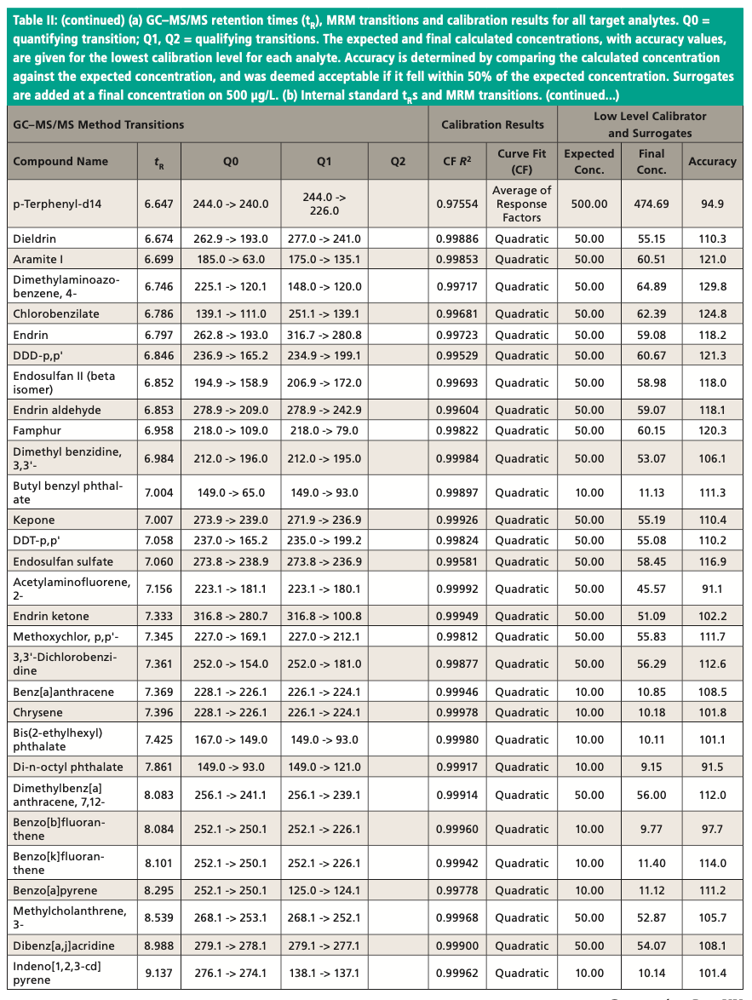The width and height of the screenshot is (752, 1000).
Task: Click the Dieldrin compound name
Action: (x=37, y=239)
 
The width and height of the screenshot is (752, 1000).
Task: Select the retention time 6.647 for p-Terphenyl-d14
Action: (x=158, y=204)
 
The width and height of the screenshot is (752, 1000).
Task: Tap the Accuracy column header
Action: (x=712, y=161)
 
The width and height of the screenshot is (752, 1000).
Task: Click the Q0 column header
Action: (x=230, y=161)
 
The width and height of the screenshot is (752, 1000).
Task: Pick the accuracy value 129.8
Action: (x=712, y=286)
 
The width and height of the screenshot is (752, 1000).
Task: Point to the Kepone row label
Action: (x=34, y=520)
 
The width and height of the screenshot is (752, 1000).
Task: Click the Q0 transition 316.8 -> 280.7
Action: (x=230, y=616)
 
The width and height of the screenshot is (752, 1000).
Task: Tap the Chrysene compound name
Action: (x=37, y=712)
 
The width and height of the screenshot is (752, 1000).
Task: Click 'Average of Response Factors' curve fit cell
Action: (x=522, y=204)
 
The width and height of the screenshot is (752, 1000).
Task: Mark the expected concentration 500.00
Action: (x=588, y=204)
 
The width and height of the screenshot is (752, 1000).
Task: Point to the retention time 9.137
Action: (x=158, y=973)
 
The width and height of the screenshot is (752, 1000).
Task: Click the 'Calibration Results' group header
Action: (x=492, y=124)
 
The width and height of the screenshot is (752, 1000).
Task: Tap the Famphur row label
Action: (x=37, y=430)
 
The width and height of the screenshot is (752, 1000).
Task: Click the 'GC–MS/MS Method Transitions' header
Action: (x=98, y=124)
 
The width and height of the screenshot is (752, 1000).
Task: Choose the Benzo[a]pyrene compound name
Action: (x=55, y=890)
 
